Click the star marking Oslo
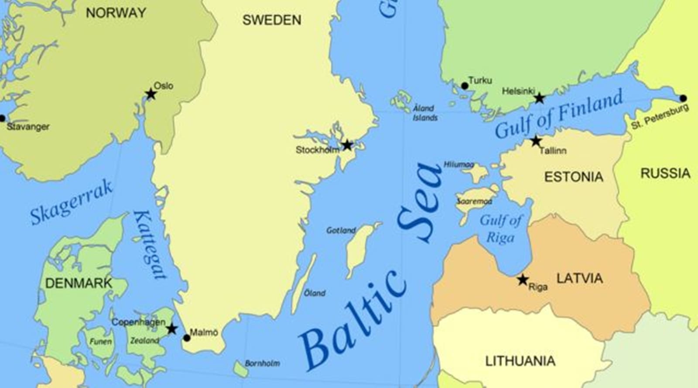151,94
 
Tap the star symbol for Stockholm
347,145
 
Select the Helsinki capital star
540,98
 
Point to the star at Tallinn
536,142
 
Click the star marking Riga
523,280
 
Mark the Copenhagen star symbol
172,329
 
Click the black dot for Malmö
187,338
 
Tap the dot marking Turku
465,86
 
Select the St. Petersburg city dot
683,98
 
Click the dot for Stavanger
2,118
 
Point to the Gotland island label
341,230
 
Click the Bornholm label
262,363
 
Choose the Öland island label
315,293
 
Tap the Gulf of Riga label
500,229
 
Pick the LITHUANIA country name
520,361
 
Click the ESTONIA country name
574,177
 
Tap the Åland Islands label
425,113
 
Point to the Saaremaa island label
474,201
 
